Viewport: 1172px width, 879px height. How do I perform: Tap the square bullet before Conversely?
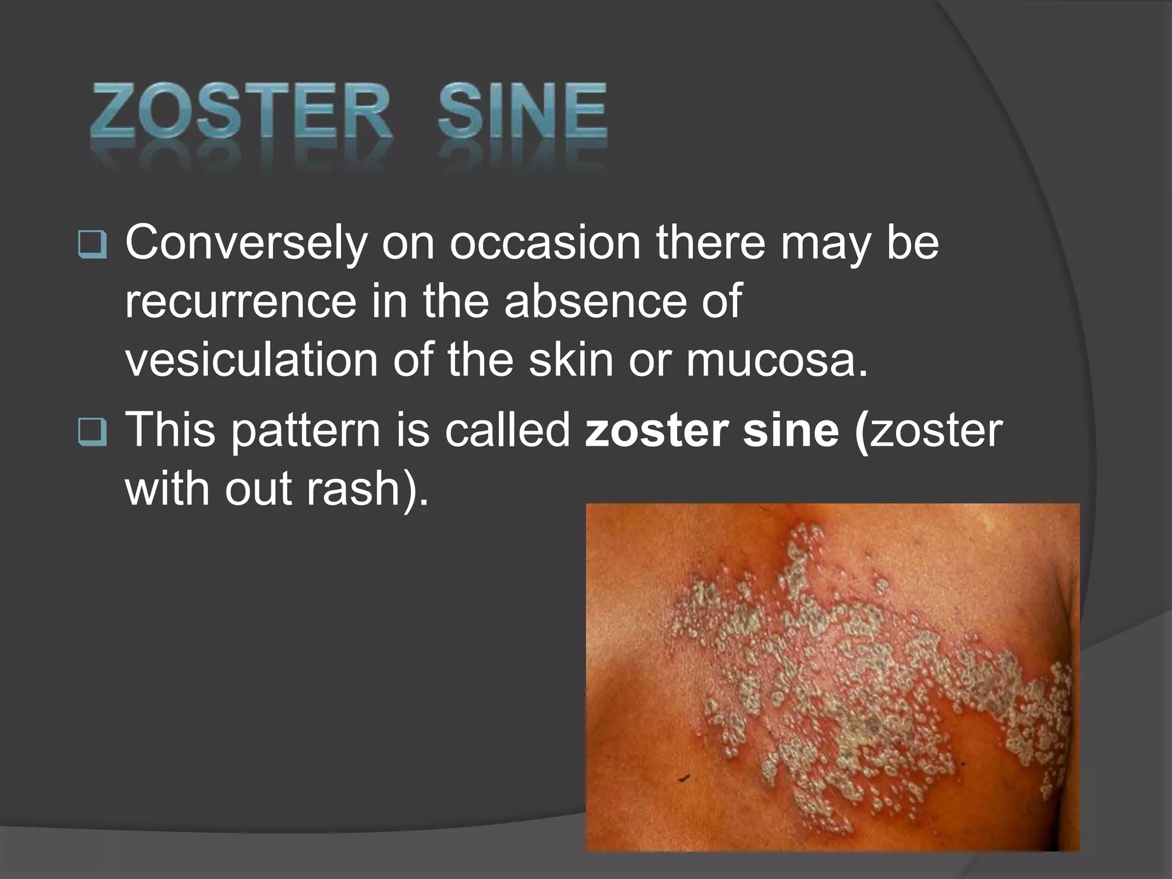pyautogui.click(x=92, y=246)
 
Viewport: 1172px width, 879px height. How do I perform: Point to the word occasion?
pyautogui.click(x=544, y=243)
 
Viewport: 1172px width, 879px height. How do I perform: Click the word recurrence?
pyautogui.click(x=240, y=302)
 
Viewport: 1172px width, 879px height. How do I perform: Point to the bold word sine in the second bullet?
pyautogui.click(x=790, y=430)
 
